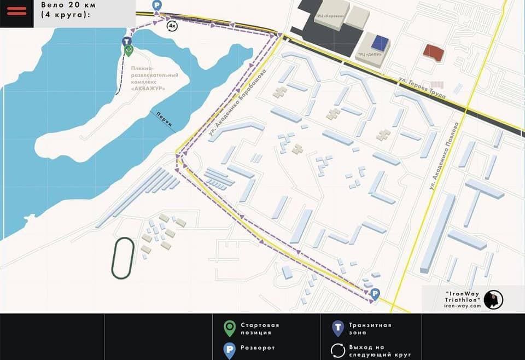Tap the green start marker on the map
point(129,51)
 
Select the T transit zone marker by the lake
point(126,42)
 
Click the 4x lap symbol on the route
point(172,26)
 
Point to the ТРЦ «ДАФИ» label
point(367,55)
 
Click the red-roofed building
point(434,53)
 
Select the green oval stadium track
point(122,258)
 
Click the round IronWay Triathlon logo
point(493,299)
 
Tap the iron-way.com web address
point(462,306)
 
